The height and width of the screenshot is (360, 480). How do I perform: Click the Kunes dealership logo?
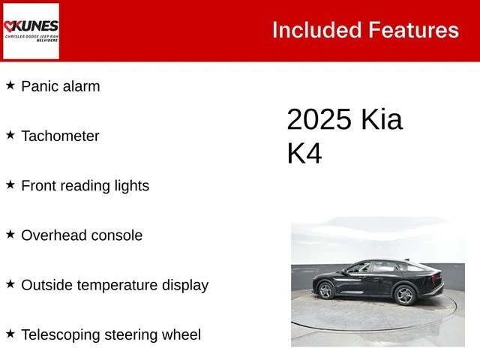tap(31, 31)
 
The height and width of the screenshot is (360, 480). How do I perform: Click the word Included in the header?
tap(316, 30)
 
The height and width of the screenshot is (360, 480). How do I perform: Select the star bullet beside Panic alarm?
tap(10, 85)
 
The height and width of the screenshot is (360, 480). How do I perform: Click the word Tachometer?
tap(60, 136)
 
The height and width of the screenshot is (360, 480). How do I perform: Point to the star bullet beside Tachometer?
tap(10, 135)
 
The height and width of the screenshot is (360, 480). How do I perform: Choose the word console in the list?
tap(116, 235)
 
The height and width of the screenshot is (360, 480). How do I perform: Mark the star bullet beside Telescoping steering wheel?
tap(10, 334)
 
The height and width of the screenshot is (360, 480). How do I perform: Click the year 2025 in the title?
tap(319, 120)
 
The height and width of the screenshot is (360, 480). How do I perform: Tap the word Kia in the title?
tap(382, 120)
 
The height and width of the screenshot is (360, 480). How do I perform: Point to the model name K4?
tap(304, 153)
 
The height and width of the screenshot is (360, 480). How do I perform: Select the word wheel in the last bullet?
tap(181, 335)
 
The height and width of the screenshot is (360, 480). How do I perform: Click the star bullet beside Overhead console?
tap(10, 235)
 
